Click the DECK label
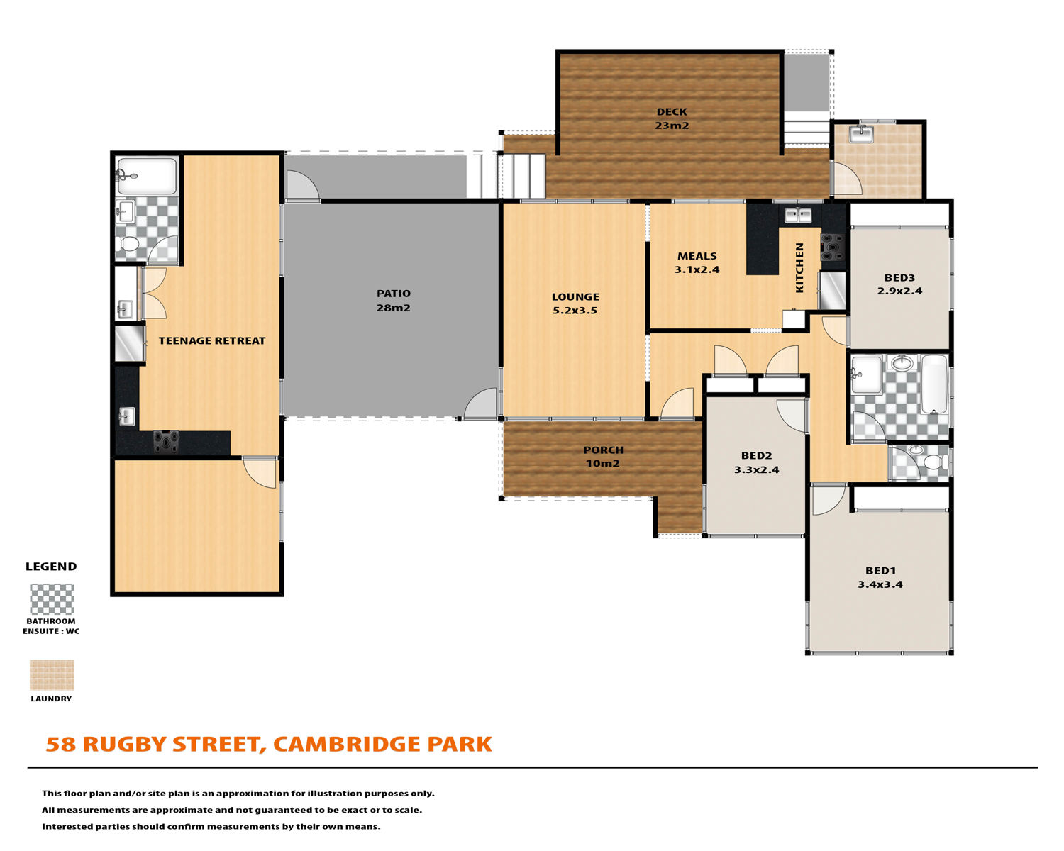coord(672,118)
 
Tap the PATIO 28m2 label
coord(394,301)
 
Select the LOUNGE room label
coord(575,304)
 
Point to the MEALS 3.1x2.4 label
coord(697,262)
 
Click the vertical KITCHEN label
coord(799,267)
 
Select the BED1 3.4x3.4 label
coord(880,577)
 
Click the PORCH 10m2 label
coord(603,457)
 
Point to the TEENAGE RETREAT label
coord(212,340)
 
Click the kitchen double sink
coord(798,215)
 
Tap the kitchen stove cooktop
coord(833,247)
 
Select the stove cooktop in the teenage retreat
coord(166,442)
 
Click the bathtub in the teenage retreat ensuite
coord(146,176)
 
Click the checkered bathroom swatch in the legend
coord(52,599)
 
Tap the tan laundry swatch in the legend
coord(52,674)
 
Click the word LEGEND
coord(51,567)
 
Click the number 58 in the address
coord(61,744)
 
